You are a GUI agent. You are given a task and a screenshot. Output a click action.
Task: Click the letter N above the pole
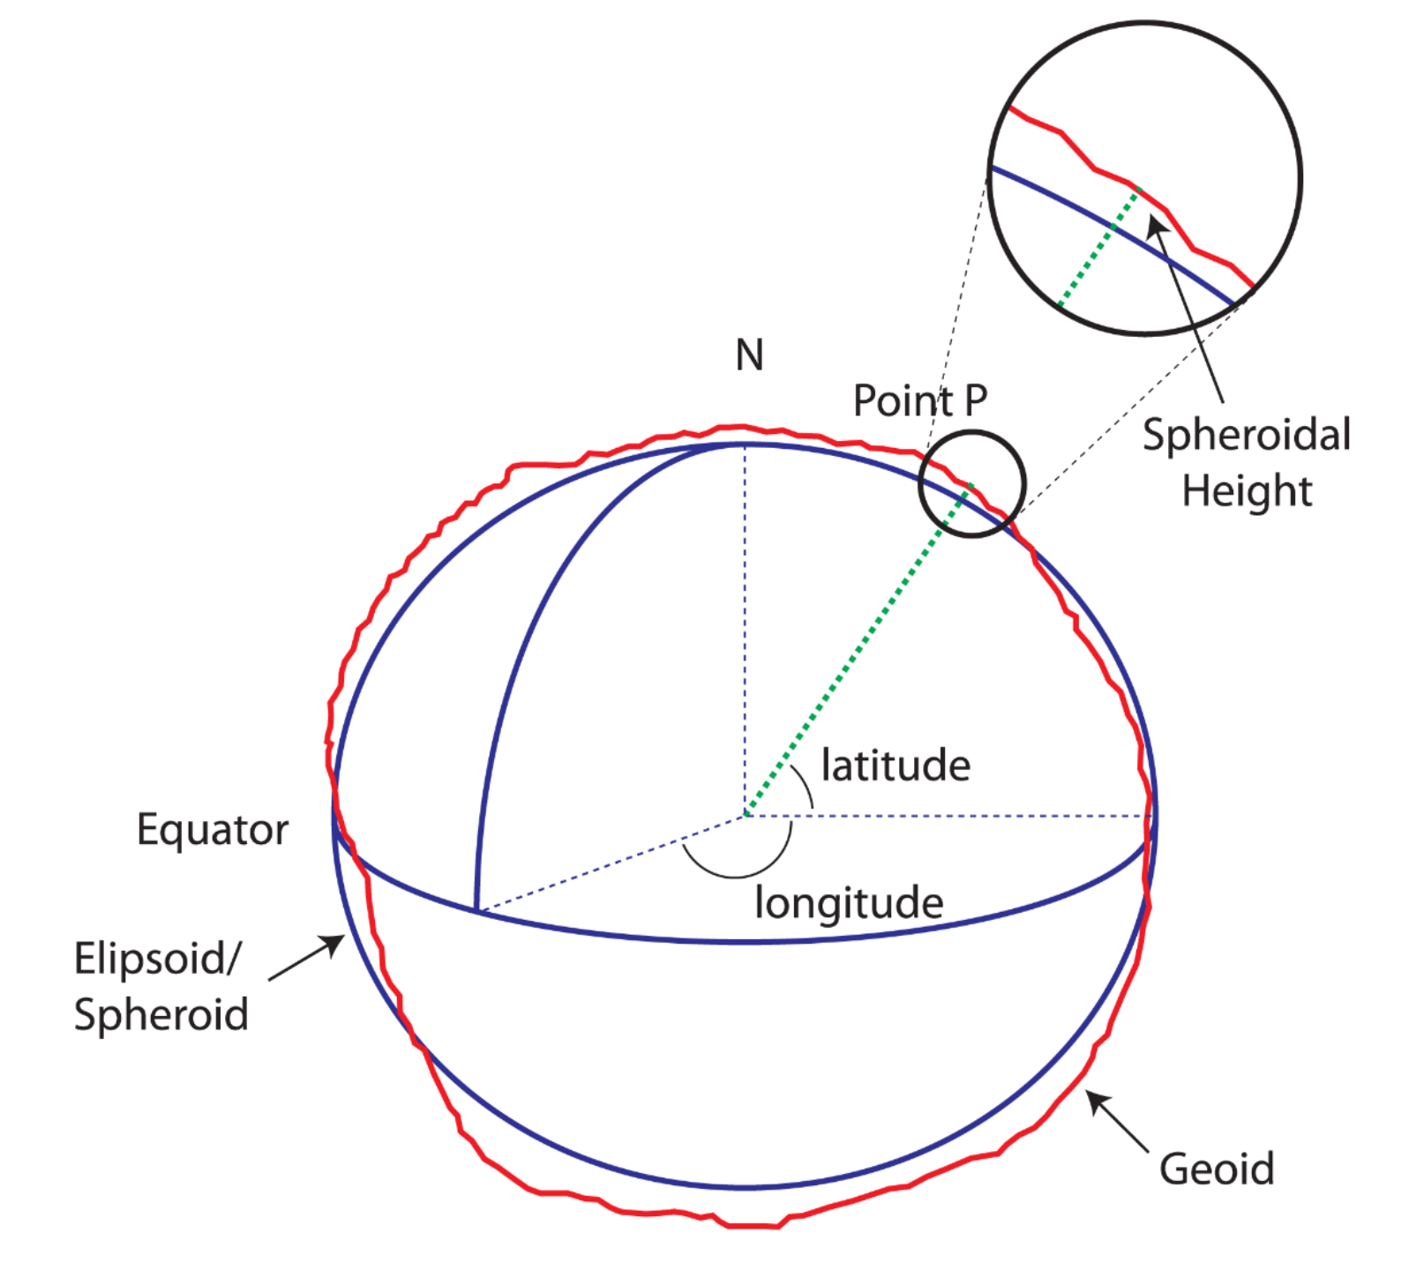coord(749,355)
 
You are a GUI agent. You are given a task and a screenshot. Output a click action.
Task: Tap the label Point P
coord(919,401)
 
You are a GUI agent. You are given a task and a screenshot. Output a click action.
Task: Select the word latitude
coord(896,765)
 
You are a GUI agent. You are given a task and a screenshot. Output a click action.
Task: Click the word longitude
coord(849,902)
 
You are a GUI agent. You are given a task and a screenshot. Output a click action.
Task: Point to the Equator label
coord(213,830)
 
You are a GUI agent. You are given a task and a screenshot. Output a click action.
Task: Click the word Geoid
coord(1217,1169)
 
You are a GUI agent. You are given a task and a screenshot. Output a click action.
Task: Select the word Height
coord(1247,490)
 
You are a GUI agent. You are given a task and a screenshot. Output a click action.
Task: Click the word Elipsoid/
coord(156,959)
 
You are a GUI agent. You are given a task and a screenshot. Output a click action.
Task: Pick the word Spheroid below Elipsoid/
coord(161,1014)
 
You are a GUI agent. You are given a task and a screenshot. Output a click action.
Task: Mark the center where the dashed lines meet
coord(744,816)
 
